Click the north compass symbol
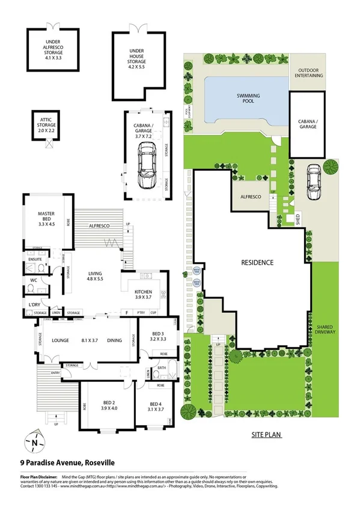tap(35, 443)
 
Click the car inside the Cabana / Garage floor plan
tap(147, 168)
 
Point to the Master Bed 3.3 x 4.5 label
tap(46, 217)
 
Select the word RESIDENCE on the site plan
tap(257, 263)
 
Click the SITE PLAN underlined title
tap(266, 434)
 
